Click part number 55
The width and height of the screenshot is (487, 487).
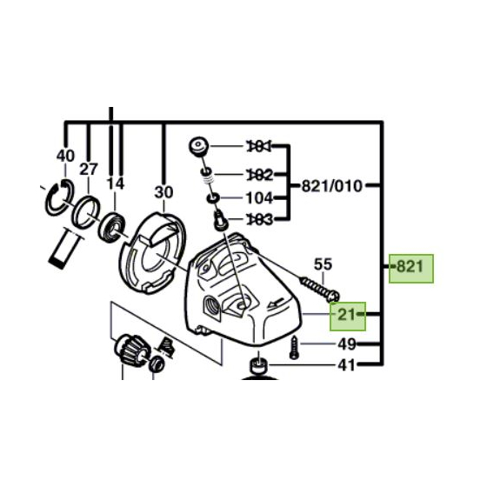click(324, 264)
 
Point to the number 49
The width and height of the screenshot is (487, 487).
click(347, 344)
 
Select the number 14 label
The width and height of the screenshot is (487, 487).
click(116, 183)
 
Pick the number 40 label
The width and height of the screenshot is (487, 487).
click(65, 156)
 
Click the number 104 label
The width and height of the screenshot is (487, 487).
click(260, 197)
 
